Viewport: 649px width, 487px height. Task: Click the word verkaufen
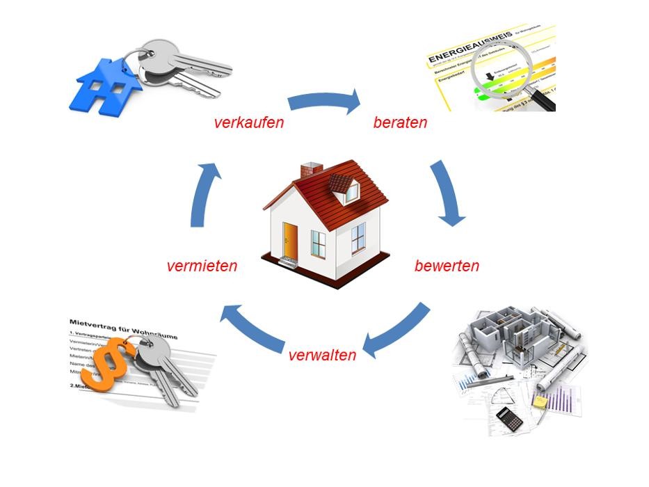(x=249, y=123)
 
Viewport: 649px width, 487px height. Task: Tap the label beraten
(x=400, y=123)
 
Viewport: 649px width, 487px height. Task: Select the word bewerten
(x=447, y=266)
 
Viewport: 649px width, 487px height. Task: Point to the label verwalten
(x=322, y=355)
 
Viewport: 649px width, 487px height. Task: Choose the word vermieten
(x=202, y=266)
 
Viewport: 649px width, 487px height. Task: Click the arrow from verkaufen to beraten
(x=324, y=102)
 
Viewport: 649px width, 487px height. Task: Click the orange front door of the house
(x=290, y=240)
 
